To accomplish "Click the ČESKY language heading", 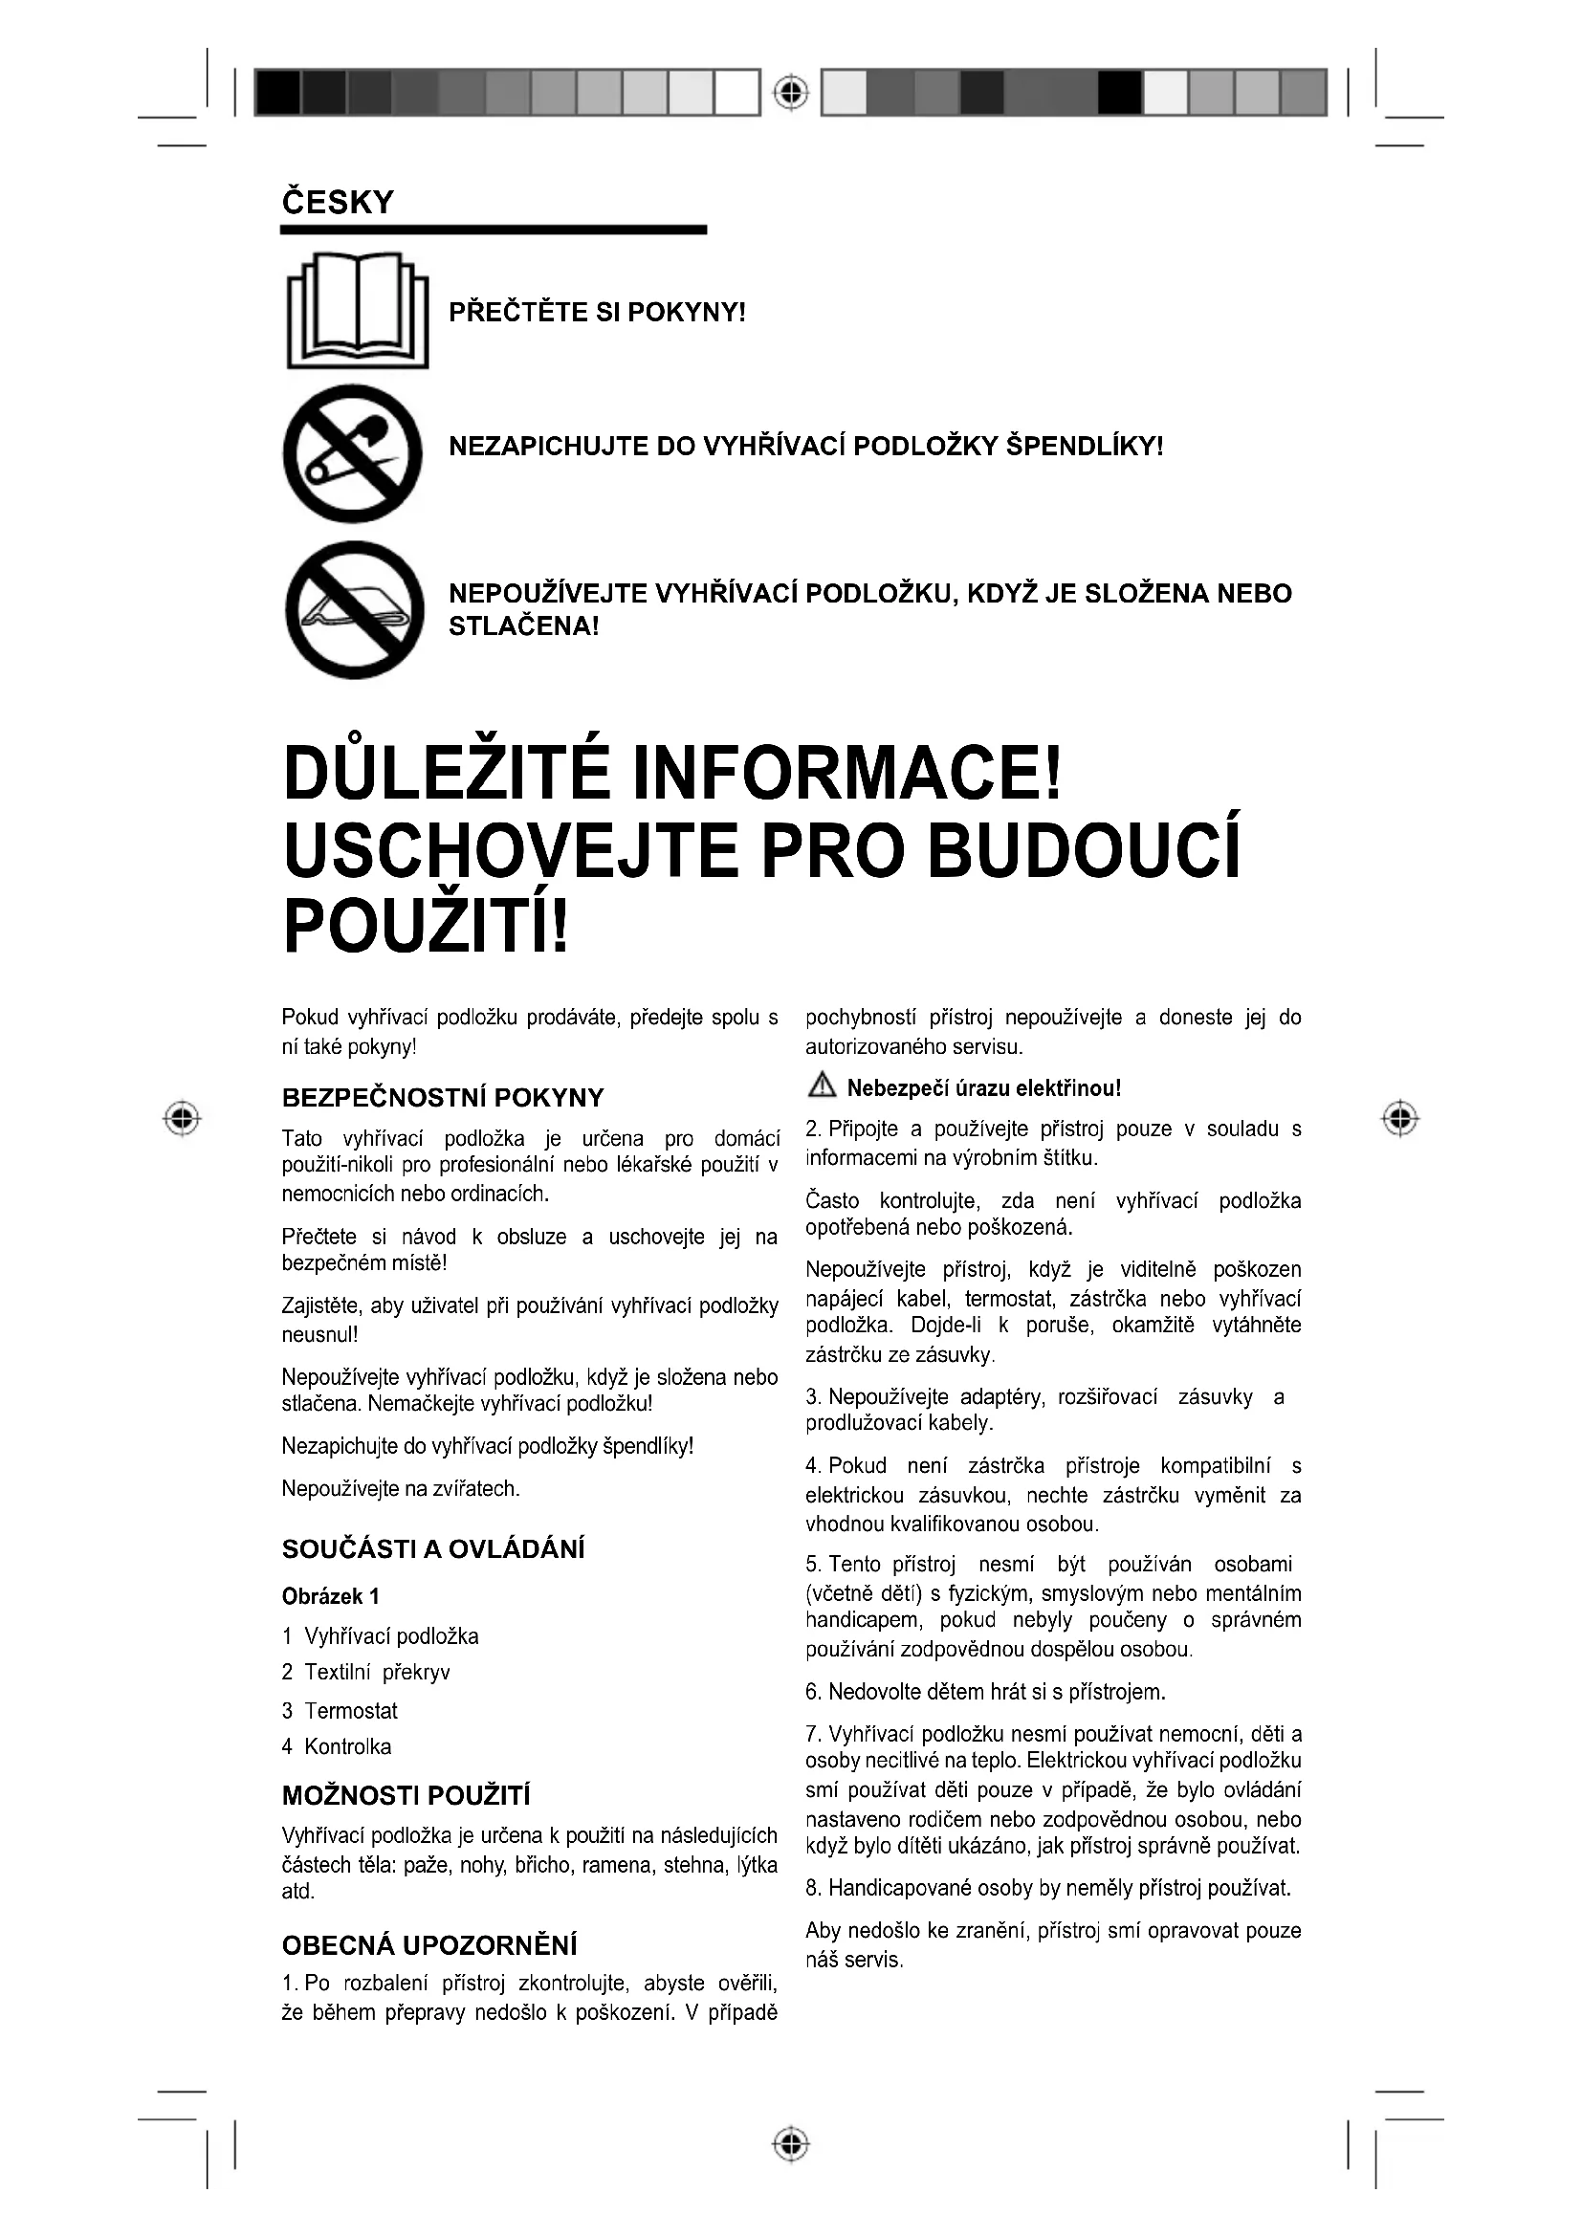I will click(337, 203).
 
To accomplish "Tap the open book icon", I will click(358, 310).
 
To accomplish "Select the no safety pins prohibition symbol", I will click(353, 453).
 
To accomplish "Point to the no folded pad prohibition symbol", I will click(355, 610).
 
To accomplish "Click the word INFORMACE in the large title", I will click(846, 772).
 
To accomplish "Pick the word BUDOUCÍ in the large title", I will click(1084, 849).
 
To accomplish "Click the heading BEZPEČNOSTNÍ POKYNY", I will click(442, 1098).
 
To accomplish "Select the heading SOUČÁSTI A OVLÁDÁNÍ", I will click(433, 1549).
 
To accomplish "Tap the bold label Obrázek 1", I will click(330, 1596).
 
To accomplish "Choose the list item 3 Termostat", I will click(340, 1711).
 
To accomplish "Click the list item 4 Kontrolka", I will click(337, 1747).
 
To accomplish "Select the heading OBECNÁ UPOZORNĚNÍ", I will click(429, 1945).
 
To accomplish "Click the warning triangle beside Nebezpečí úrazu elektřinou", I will click(822, 1086).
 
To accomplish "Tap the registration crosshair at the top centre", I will click(792, 93).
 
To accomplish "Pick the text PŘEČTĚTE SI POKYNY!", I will click(596, 313).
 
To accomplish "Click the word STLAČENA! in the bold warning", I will click(523, 626).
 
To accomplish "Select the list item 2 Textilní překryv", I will click(366, 1673).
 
